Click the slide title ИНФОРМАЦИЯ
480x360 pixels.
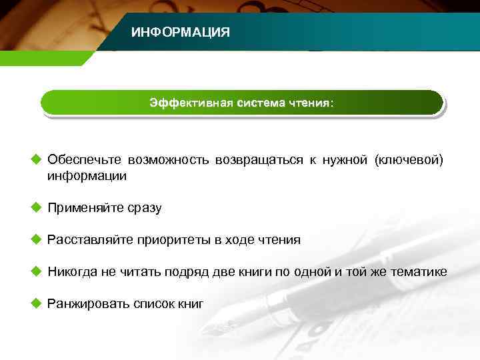point(180,32)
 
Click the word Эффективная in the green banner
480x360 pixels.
point(191,103)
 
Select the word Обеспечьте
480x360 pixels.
point(84,161)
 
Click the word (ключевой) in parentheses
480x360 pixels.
point(408,161)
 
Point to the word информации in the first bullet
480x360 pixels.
point(87,177)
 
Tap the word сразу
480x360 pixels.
point(142,209)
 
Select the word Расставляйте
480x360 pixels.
point(89,240)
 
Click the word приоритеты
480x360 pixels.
point(173,240)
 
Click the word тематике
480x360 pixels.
point(417,272)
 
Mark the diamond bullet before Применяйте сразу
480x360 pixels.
point(36,208)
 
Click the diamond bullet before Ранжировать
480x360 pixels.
point(36,304)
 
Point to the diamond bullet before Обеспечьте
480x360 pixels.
point(36,160)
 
